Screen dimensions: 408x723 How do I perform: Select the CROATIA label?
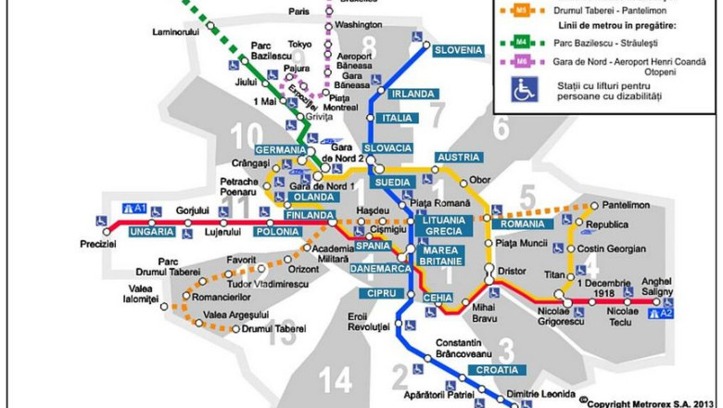pyautogui.click(x=492, y=369)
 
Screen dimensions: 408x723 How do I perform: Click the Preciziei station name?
pyautogui.click(x=98, y=244)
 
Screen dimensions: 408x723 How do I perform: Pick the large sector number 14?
pyautogui.click(x=336, y=379)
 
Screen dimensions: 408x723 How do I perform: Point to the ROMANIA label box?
pyautogui.click(x=520, y=223)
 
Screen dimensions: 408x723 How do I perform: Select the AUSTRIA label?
pyautogui.click(x=457, y=158)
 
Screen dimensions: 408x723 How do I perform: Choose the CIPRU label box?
pyautogui.click(x=377, y=294)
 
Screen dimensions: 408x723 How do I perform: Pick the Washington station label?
pyautogui.click(x=360, y=25)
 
